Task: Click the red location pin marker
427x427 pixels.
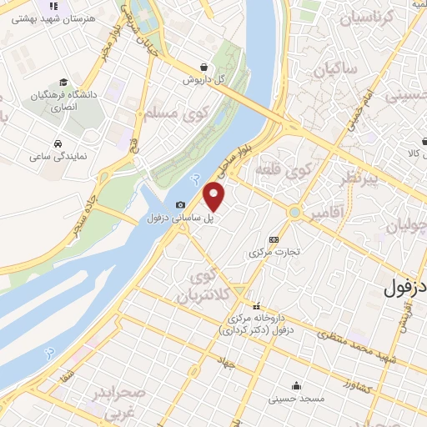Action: point(215,197)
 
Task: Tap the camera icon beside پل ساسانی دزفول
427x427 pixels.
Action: point(180,205)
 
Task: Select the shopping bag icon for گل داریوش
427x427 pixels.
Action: point(204,68)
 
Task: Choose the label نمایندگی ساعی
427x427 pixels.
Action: point(55,156)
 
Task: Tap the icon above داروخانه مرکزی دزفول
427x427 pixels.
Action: point(257,304)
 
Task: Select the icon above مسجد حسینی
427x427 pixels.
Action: point(297,385)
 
